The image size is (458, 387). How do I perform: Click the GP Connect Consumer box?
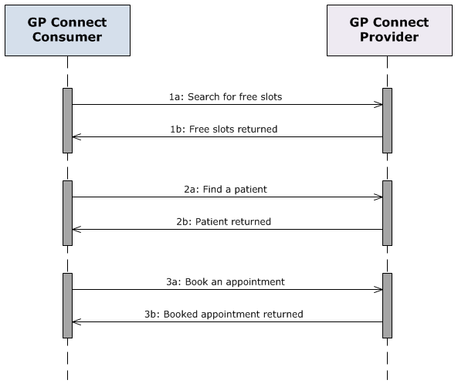[x=67, y=31]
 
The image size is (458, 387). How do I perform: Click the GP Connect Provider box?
[x=389, y=31]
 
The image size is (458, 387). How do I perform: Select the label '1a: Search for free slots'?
[x=227, y=98]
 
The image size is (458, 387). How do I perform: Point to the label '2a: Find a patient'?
[x=227, y=189]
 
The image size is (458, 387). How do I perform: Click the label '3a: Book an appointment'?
[x=227, y=281]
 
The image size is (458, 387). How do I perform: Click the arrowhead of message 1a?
[x=378, y=105]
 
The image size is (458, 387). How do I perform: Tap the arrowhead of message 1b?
[x=76, y=137]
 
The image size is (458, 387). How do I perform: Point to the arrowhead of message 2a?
[x=378, y=197]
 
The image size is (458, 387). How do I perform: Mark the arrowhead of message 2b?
[x=76, y=229]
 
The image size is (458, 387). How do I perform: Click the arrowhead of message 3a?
[x=378, y=290]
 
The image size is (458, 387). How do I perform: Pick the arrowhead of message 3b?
[x=76, y=321]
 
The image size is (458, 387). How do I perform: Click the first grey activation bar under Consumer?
[x=67, y=120]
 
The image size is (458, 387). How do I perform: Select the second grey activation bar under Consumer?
[x=67, y=213]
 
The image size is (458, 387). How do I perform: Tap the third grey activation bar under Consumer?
[x=67, y=305]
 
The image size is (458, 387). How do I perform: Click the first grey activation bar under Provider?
[x=387, y=120]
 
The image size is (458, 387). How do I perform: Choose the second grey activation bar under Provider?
[x=387, y=213]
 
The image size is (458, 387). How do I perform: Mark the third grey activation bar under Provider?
[x=387, y=305]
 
